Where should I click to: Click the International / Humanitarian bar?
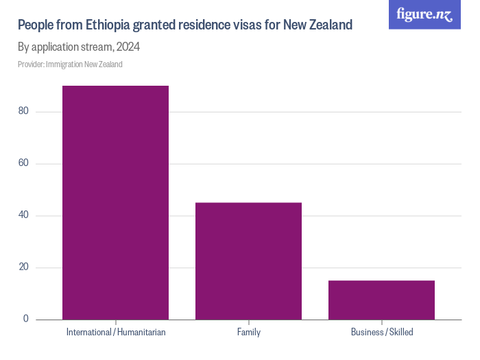[115, 202]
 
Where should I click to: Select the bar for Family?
[248, 261]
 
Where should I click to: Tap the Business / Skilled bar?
[381, 300]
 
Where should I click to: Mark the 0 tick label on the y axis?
[25, 319]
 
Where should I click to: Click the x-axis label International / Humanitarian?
[116, 333]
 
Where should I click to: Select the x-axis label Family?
[248, 333]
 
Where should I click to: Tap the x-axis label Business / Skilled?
[382, 333]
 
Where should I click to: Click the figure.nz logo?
[424, 14]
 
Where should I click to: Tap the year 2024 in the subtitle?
[128, 47]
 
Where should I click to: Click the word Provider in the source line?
[30, 64]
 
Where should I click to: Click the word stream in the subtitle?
[95, 47]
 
